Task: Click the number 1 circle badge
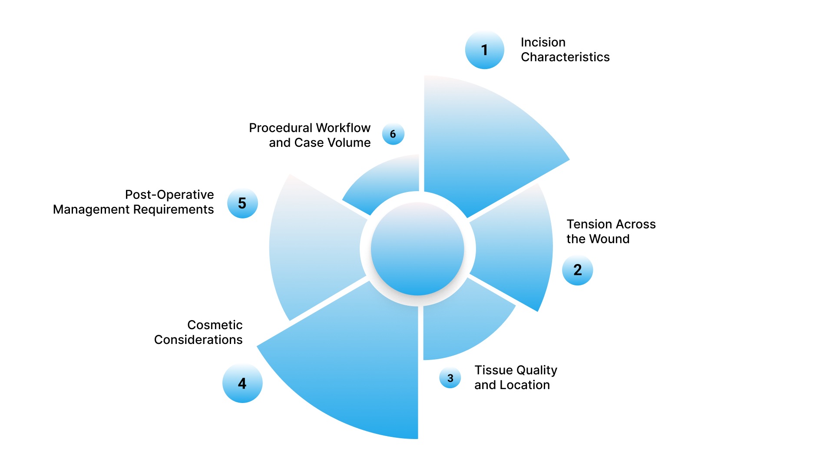[484, 50]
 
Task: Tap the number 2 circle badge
[577, 270]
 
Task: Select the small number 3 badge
[450, 378]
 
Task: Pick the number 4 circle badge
[242, 383]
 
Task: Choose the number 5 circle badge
[242, 203]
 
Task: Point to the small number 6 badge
[393, 134]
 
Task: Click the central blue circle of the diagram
[417, 249]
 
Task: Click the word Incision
[543, 42]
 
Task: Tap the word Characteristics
[565, 57]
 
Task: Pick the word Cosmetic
[215, 325]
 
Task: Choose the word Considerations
[198, 340]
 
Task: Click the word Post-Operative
[169, 195]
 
